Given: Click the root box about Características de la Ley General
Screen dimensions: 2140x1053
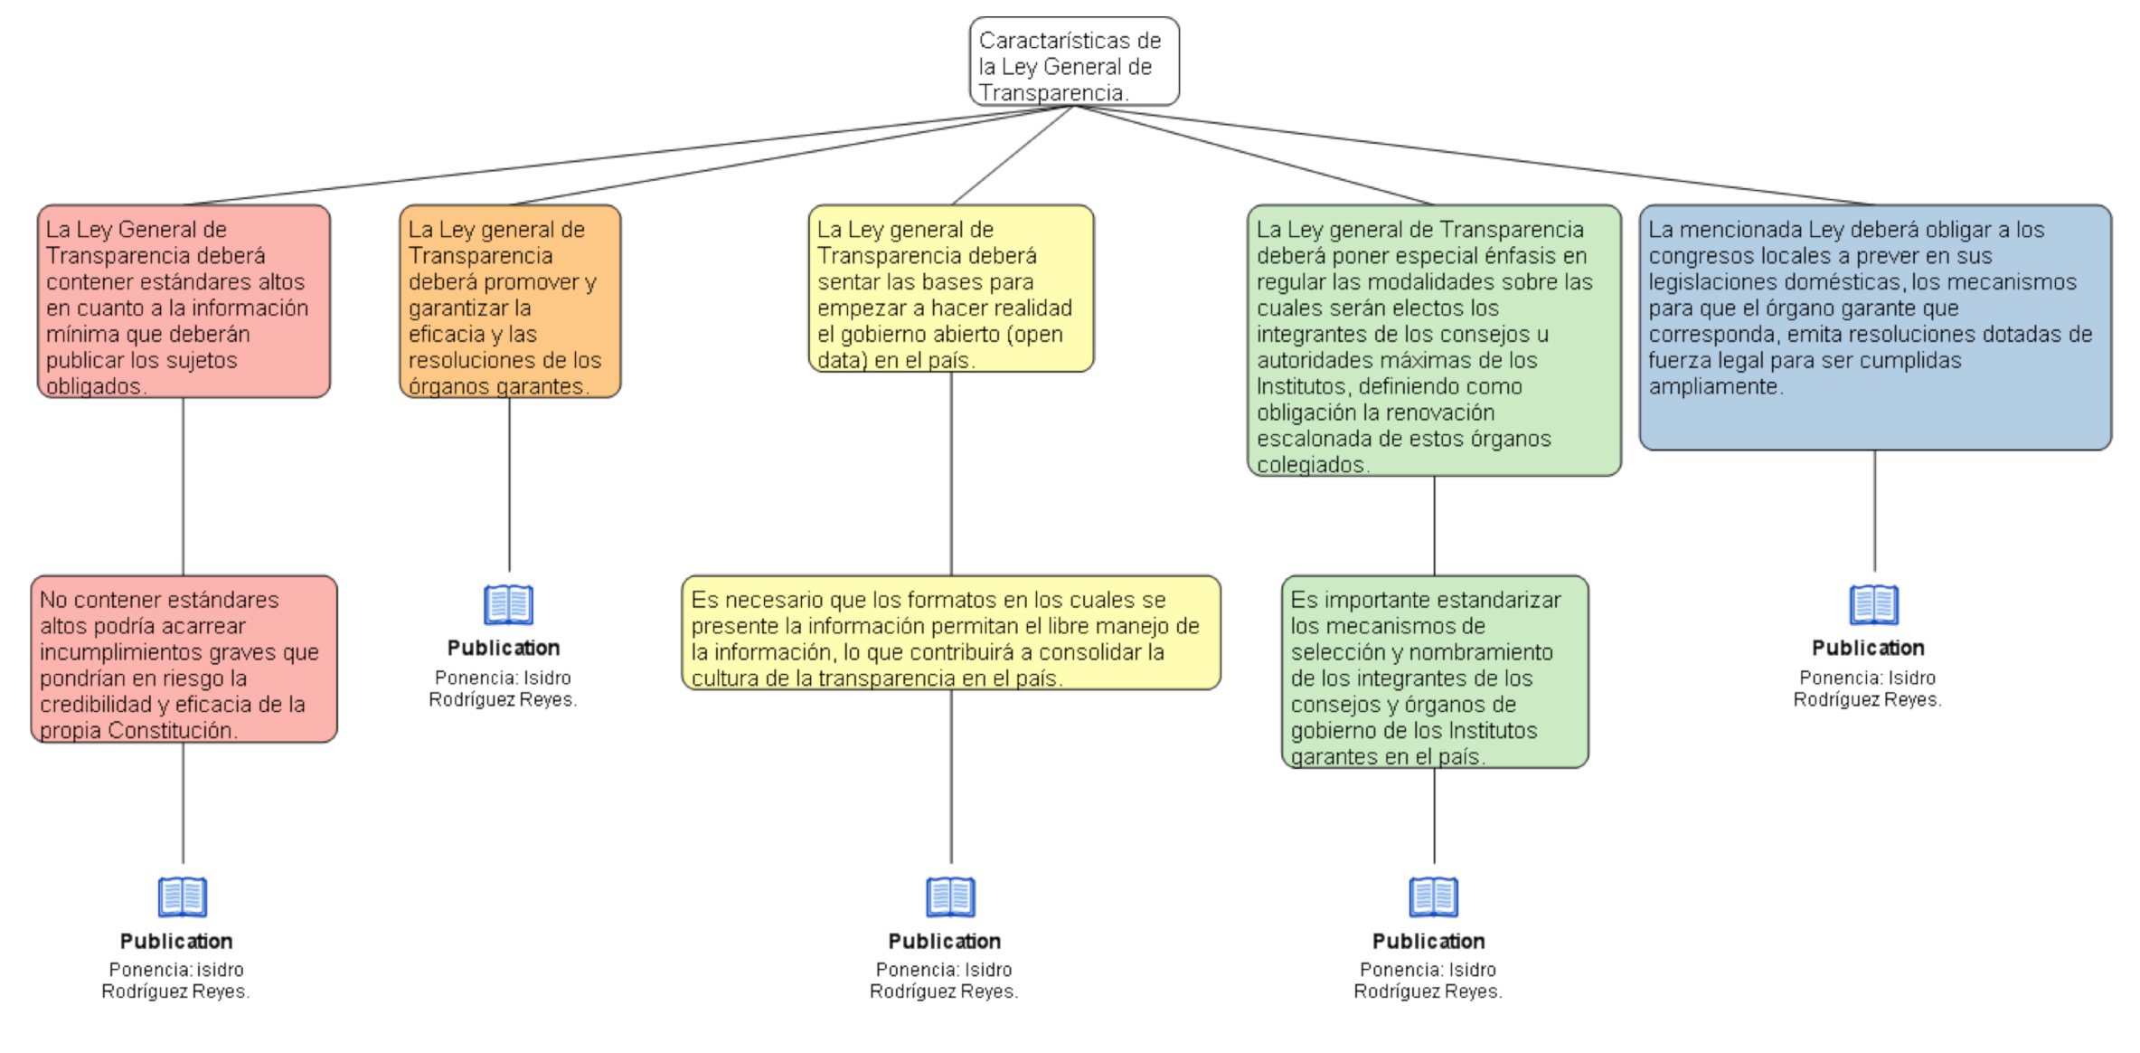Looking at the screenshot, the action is [x=1074, y=62].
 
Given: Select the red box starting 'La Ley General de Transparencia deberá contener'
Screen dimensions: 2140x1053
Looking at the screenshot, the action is [x=184, y=301].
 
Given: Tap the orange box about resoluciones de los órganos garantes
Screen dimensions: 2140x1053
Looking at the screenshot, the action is [x=510, y=301].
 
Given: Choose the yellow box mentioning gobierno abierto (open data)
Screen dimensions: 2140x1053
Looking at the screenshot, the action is [x=951, y=289].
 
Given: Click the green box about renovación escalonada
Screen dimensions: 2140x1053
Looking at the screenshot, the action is [x=1434, y=340].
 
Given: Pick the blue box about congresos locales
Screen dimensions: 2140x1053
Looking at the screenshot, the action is [x=1875, y=327].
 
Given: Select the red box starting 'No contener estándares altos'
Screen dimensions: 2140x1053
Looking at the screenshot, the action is [x=184, y=659].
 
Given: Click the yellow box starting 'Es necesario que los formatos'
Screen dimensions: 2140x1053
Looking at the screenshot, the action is [x=951, y=633].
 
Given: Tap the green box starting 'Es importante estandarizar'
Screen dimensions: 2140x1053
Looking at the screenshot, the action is [x=1435, y=672].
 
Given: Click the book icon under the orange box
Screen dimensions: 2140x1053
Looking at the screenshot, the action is [x=509, y=604].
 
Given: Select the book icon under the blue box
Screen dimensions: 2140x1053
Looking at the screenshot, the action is [x=1874, y=604].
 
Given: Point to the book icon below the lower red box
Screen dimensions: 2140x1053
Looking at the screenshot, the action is [x=183, y=897].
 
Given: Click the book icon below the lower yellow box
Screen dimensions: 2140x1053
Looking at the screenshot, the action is [x=951, y=897].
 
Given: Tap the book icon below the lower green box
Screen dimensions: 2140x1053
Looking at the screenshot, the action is [x=1434, y=897].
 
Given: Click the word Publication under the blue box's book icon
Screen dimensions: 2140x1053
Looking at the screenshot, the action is [x=1868, y=648].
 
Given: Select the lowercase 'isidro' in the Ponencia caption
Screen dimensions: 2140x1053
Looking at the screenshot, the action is [x=221, y=970].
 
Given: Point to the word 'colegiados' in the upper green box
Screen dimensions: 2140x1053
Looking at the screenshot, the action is [x=1313, y=465].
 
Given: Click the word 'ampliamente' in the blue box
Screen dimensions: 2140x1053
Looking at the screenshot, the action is [x=1715, y=387].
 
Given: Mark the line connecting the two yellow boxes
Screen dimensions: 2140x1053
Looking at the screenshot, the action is [x=951, y=474].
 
